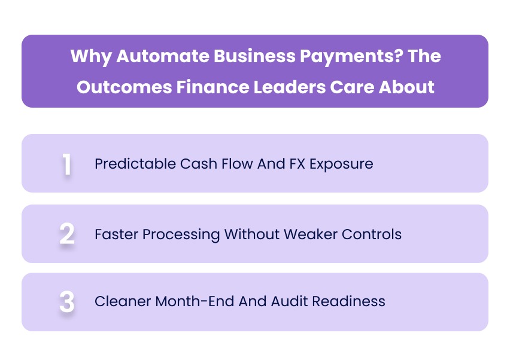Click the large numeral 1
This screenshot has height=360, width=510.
67,164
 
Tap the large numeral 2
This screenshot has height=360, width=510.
67,234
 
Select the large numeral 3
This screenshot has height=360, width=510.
67,302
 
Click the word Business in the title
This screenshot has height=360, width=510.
241,57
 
